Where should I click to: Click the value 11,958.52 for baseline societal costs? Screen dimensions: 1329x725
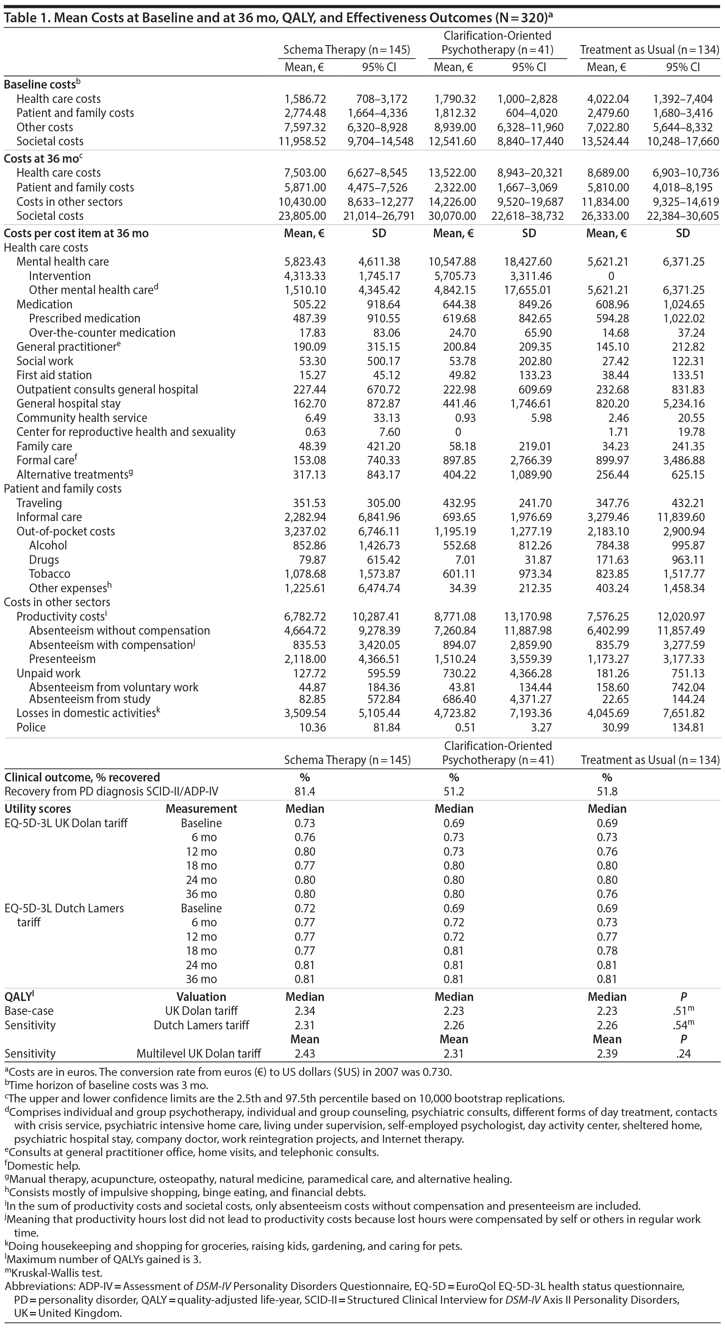click(x=303, y=142)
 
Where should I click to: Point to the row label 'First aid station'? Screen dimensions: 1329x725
click(x=54, y=375)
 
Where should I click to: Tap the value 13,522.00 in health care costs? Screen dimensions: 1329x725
click(x=452, y=173)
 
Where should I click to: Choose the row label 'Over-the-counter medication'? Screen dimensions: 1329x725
click(x=102, y=333)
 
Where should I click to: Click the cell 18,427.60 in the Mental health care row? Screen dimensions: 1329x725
click(x=529, y=261)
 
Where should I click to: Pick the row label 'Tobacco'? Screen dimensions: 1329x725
click(x=50, y=574)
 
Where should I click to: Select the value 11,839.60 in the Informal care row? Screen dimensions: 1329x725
click(x=683, y=517)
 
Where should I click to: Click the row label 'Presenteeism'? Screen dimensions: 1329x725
click(x=62, y=659)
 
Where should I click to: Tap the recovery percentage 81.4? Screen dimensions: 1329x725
click(x=305, y=791)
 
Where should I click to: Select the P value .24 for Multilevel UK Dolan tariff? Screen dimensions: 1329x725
click(x=683, y=1054)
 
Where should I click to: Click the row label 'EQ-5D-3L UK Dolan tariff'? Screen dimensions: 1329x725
click(x=66, y=823)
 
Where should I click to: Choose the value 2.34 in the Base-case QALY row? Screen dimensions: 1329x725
click(x=305, y=1011)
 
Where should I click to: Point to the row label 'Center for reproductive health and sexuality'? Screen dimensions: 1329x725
click(x=126, y=432)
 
